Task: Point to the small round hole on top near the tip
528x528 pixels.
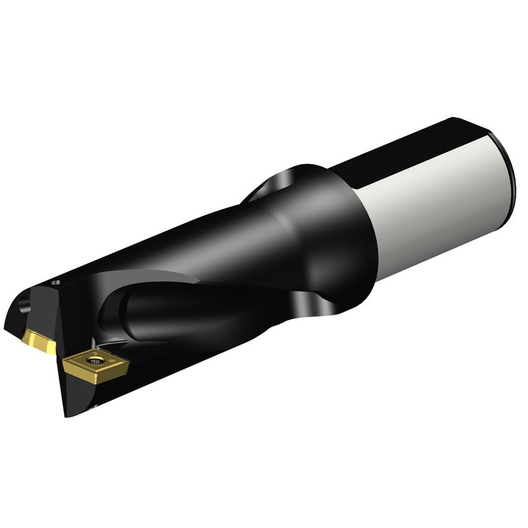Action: [x=57, y=283]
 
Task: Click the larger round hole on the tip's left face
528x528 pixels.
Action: [x=25, y=305]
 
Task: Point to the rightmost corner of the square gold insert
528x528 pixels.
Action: [x=129, y=367]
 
